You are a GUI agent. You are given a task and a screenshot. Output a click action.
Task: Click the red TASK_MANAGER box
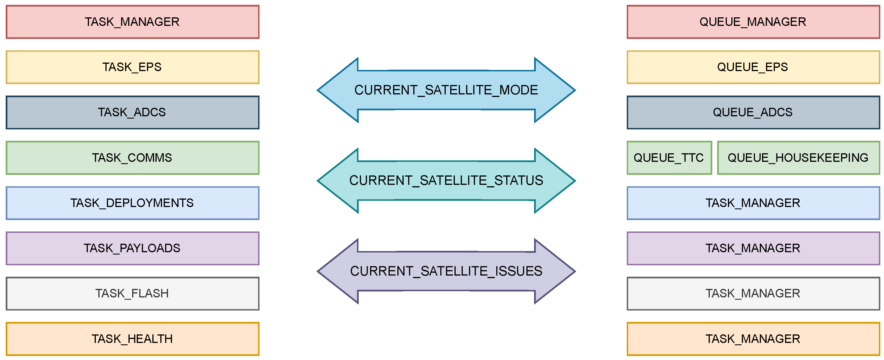[x=132, y=22]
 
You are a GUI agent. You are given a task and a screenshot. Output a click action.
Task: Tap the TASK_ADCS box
[x=132, y=113]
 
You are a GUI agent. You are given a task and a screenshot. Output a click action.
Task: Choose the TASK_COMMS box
[x=132, y=158]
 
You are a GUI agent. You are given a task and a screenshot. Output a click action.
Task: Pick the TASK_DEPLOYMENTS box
[x=132, y=203]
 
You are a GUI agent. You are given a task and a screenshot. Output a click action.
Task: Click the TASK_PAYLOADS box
[x=132, y=249]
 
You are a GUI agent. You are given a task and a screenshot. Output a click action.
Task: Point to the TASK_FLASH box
[x=132, y=294]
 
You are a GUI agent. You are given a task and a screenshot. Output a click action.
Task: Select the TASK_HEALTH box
[x=132, y=339]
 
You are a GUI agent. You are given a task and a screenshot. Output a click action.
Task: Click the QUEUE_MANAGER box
[x=753, y=22]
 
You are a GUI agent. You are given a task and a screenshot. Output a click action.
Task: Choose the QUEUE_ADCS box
[x=753, y=113]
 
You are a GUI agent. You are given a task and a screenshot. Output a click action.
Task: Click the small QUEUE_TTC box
[x=669, y=158]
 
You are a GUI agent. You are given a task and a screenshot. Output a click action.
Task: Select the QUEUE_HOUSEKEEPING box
[x=798, y=158]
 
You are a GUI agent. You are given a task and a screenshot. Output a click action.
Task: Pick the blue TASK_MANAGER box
[x=753, y=203]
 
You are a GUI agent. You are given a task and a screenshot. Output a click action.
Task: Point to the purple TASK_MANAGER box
[x=753, y=249]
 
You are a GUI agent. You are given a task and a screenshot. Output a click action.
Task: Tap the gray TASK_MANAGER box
[x=753, y=294]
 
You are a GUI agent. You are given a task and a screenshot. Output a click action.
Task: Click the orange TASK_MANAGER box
[x=753, y=339]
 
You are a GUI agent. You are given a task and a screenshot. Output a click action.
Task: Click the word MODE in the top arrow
[x=518, y=90]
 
